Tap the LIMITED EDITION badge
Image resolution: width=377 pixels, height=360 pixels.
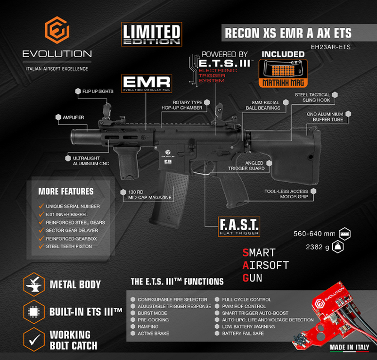click(x=151, y=34)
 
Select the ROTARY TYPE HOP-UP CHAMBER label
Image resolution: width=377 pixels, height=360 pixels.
click(x=187, y=105)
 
